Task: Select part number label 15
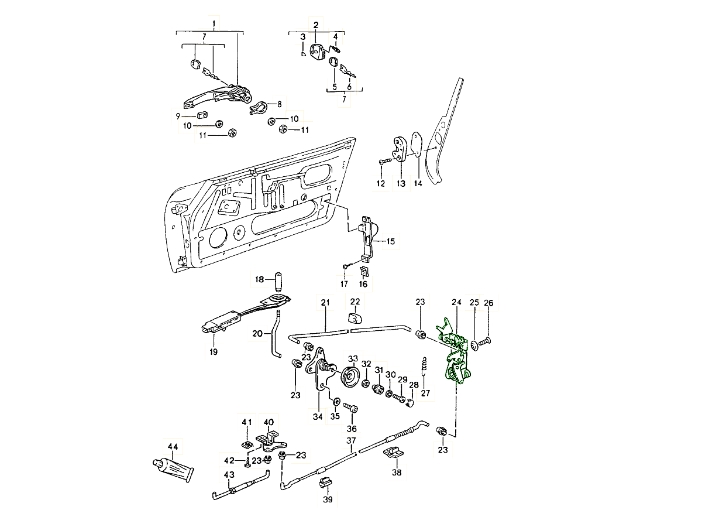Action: (x=390, y=241)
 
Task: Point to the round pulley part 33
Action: (x=351, y=377)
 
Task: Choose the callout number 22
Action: (x=355, y=302)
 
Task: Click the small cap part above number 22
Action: (x=355, y=318)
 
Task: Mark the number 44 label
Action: (x=173, y=447)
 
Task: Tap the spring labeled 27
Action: (x=425, y=370)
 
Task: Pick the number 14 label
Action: (x=418, y=183)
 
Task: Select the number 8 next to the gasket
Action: (x=280, y=104)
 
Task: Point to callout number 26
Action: (x=489, y=303)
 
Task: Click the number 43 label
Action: (x=229, y=474)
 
